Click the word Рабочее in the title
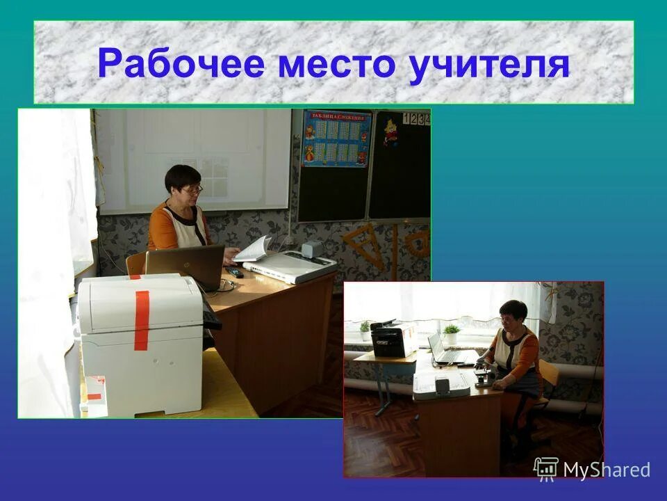(181, 64)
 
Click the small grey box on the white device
(312, 248)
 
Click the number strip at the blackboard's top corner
(419, 119)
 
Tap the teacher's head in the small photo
(513, 314)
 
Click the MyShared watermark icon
(546, 468)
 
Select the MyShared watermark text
(607, 470)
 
